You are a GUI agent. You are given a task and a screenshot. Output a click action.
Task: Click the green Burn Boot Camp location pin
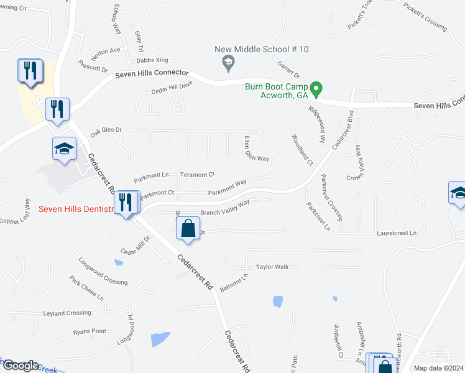click(316, 90)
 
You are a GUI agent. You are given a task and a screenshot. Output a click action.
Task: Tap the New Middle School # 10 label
click(261, 49)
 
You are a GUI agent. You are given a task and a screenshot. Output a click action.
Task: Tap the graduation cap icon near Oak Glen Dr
click(64, 149)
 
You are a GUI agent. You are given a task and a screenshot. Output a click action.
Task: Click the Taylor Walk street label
click(272, 267)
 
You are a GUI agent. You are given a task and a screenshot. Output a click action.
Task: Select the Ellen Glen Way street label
click(256, 147)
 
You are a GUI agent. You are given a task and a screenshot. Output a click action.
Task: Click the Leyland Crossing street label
click(67, 313)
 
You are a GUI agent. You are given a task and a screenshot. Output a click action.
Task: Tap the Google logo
click(20, 365)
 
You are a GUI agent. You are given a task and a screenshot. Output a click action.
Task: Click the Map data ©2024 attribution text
click(438, 368)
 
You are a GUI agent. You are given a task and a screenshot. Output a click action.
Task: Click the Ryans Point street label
click(90, 331)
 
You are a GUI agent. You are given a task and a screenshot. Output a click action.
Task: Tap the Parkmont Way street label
click(227, 186)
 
